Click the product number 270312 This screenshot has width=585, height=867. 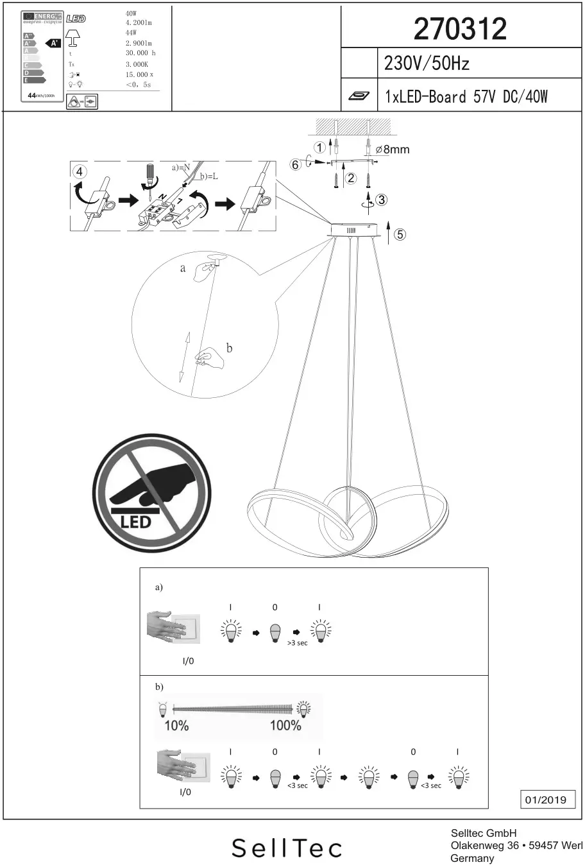click(460, 29)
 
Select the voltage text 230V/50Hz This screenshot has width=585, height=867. click(427, 64)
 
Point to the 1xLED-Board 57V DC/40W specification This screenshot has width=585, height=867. click(466, 97)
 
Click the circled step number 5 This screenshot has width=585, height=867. click(400, 234)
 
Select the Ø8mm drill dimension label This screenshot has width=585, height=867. click(392, 150)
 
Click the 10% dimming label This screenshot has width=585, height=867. click(176, 726)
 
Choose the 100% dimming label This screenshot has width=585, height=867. click(285, 726)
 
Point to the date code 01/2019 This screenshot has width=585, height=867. click(546, 800)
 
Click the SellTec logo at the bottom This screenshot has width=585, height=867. click(287, 848)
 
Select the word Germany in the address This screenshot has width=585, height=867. click(472, 858)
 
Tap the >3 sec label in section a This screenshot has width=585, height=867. click(297, 643)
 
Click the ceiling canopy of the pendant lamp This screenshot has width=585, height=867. click(352, 230)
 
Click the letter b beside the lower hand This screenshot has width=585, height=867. click(229, 348)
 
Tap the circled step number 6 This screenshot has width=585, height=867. click(296, 165)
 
